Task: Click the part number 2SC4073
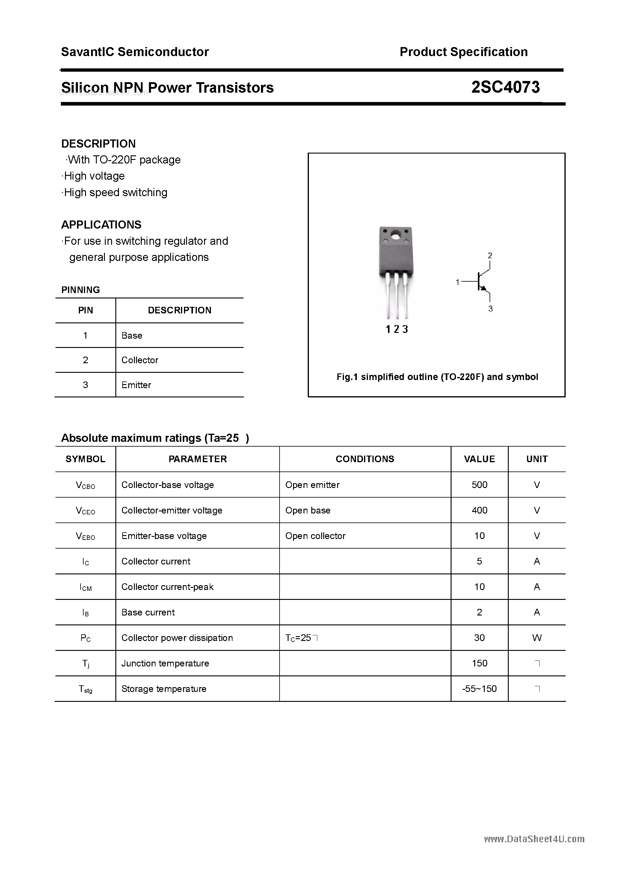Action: coord(505,88)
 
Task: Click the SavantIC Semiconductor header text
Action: coord(135,52)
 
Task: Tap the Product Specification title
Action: coord(463,52)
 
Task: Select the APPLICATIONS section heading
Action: coord(101,225)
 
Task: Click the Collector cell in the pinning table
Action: coord(140,360)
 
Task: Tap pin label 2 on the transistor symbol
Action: coord(490,256)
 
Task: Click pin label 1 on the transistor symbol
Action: coord(458,282)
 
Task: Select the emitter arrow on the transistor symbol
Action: coord(484,289)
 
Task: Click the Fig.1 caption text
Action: coord(437,377)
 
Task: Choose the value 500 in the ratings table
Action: coord(479,485)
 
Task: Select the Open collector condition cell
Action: coord(315,536)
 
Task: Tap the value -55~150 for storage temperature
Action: coord(479,689)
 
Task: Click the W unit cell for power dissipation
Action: coord(537,638)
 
